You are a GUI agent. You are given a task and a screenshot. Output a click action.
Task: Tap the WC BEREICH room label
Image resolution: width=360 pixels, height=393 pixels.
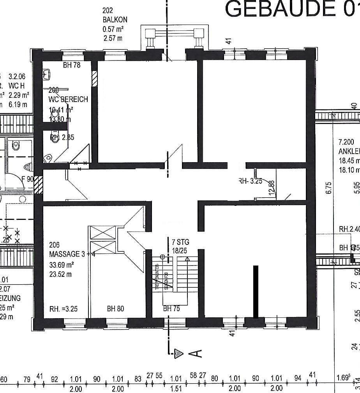68,99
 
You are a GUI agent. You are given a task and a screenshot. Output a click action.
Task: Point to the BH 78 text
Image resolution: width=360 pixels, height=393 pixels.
72,65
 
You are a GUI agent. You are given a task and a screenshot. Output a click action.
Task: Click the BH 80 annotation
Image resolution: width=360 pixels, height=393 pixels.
115,309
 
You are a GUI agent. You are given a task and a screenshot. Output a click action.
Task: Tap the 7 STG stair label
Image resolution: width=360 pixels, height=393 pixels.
180,243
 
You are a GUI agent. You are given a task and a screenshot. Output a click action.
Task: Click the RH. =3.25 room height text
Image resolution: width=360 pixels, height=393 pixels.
64,309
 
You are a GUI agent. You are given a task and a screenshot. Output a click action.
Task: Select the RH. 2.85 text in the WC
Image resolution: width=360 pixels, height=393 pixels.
62,137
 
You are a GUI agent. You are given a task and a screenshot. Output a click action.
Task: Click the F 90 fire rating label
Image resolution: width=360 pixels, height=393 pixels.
28,179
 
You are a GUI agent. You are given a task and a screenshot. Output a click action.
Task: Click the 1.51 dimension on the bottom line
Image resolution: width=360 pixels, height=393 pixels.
176,389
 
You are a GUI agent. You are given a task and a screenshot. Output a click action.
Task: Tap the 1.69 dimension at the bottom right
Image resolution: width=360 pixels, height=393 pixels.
343,378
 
